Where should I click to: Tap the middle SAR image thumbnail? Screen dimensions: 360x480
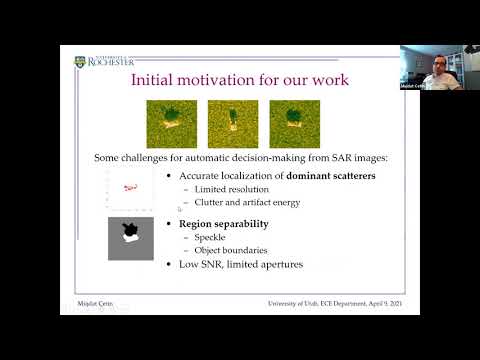(233, 123)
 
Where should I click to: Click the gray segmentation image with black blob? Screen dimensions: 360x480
(130, 238)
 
